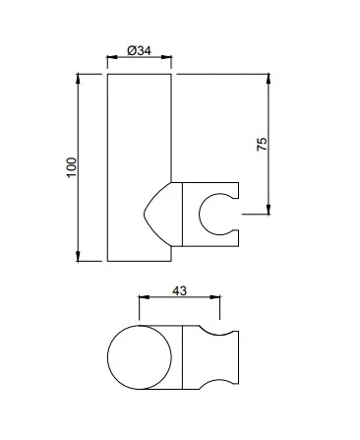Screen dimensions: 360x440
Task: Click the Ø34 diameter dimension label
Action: (x=139, y=51)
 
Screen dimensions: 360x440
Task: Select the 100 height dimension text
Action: (x=72, y=167)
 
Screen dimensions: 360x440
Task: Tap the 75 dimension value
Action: (x=262, y=144)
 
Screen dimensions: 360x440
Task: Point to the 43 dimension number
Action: (x=179, y=290)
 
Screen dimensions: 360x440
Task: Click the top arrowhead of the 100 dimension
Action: (x=78, y=80)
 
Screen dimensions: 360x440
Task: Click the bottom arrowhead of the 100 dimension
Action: (x=78, y=256)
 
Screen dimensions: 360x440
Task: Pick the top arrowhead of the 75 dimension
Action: (x=269, y=80)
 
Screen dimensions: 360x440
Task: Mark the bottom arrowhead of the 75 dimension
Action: (x=269, y=210)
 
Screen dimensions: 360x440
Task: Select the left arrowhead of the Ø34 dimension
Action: (x=112, y=57)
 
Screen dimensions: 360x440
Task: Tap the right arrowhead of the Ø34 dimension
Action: (x=166, y=57)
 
